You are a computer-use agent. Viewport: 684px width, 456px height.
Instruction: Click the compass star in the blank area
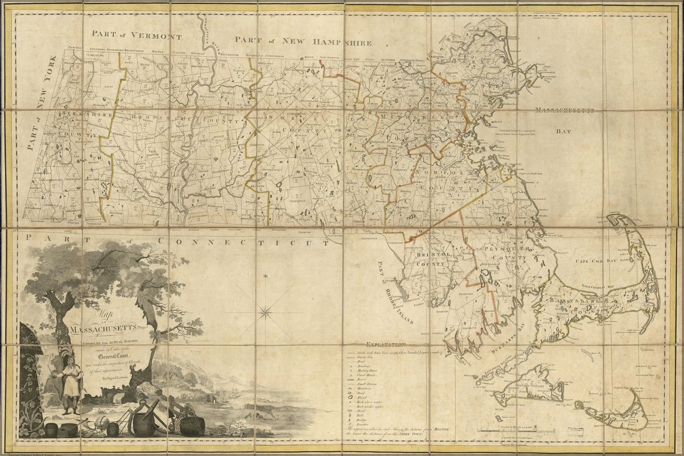coord(264,312)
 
